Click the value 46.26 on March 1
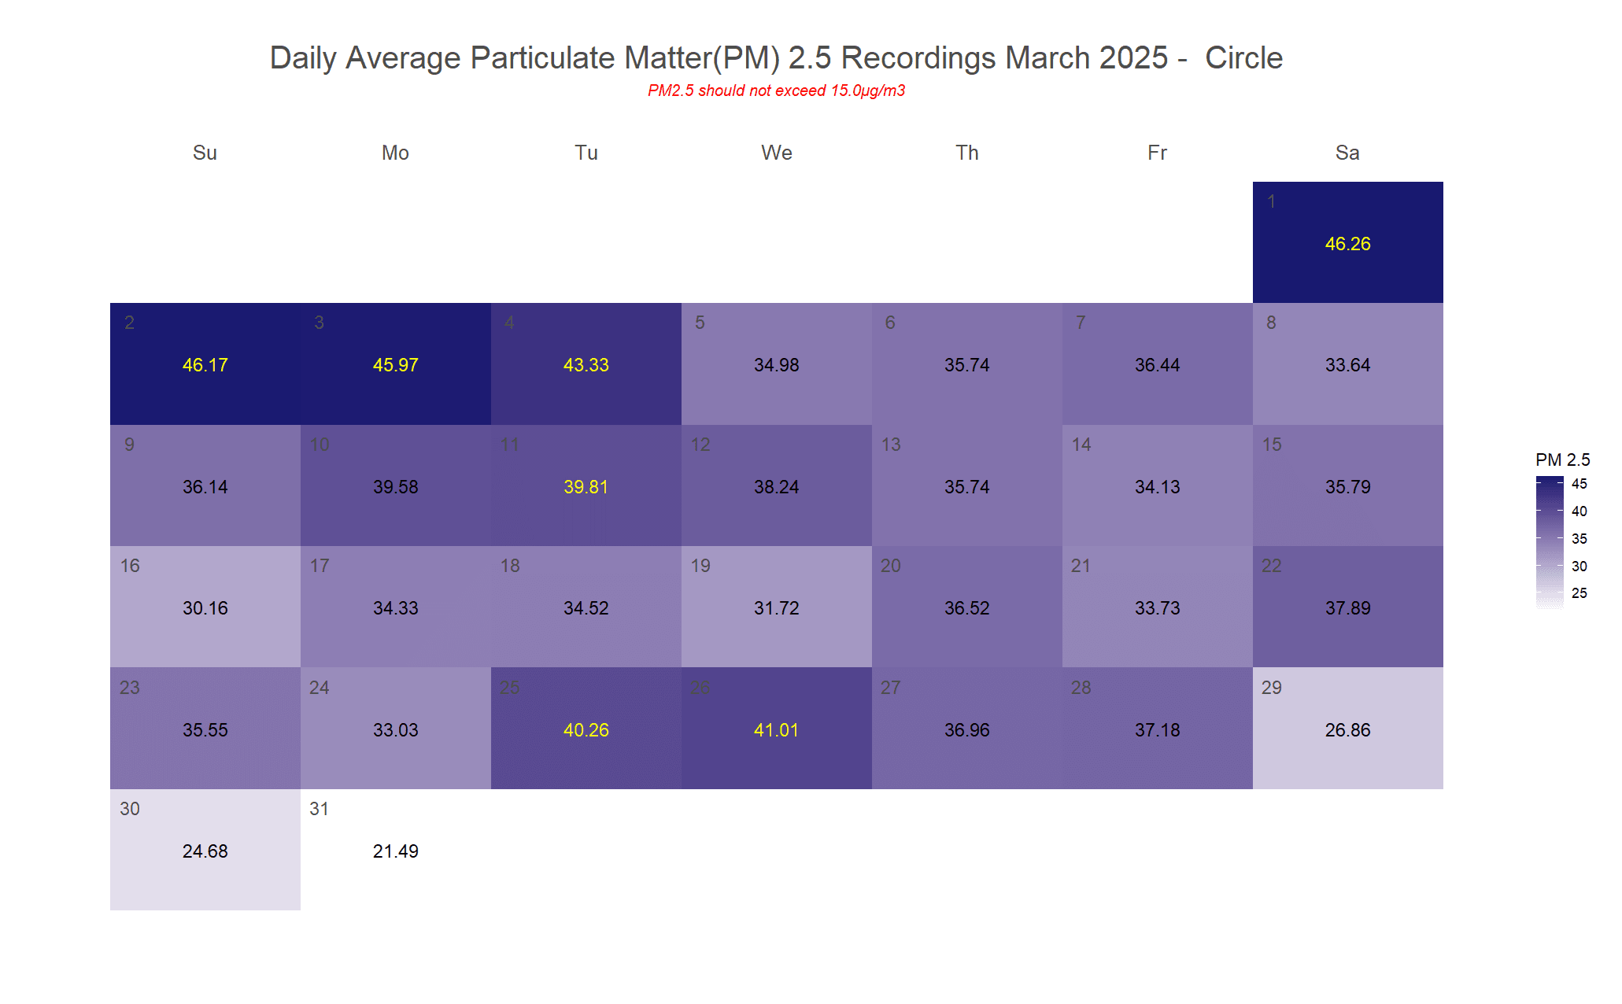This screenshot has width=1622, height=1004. (1347, 244)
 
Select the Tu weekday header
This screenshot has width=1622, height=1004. (586, 153)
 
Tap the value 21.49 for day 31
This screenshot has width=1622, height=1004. (395, 851)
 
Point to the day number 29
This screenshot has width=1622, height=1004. (1272, 688)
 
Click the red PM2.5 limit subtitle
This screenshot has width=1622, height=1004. (776, 90)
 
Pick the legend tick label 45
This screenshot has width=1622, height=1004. (1579, 484)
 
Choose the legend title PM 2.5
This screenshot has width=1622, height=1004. (1562, 460)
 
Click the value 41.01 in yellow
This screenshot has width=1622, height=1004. (776, 730)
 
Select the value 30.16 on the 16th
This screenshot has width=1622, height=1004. (205, 608)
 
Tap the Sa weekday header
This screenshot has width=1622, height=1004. (1347, 153)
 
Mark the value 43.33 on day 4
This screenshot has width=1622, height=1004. (586, 365)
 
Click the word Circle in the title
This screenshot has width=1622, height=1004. (1243, 58)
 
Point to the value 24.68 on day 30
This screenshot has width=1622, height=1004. (205, 851)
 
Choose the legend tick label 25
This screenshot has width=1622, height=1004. (1579, 593)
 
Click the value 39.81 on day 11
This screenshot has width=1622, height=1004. (586, 487)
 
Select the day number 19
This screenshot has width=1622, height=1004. (700, 566)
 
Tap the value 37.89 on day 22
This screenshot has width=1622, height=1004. (1347, 608)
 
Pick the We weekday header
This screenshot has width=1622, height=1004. (776, 153)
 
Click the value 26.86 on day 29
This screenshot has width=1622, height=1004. (1347, 730)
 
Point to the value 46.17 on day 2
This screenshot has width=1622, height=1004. (205, 365)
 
